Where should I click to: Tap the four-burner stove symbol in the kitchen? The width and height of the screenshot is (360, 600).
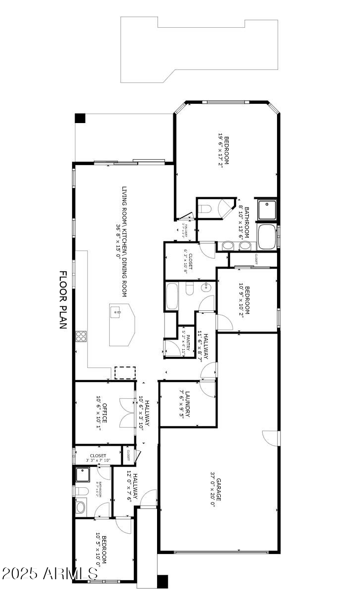pyautogui.click(x=80, y=337)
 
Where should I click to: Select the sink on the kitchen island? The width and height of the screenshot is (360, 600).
pyautogui.click(x=117, y=312)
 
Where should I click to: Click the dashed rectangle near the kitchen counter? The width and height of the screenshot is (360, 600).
pyautogui.click(x=124, y=373)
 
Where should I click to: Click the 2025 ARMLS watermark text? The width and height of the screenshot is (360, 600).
pyautogui.click(x=49, y=574)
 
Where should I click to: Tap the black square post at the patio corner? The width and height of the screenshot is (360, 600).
pyautogui.click(x=80, y=118)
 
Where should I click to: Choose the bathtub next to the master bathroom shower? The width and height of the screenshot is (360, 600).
pyautogui.click(x=267, y=237)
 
